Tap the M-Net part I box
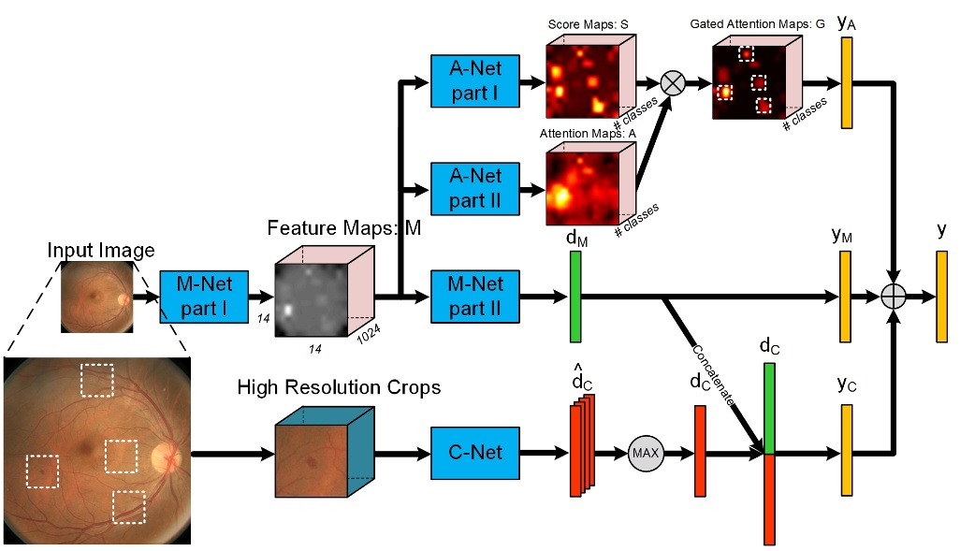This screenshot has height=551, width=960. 203,297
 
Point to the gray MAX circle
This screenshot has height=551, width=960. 645,453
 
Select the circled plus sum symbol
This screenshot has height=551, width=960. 895,297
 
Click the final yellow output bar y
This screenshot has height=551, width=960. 940,297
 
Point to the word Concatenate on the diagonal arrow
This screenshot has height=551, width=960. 715,373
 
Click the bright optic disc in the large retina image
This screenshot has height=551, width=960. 167,457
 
